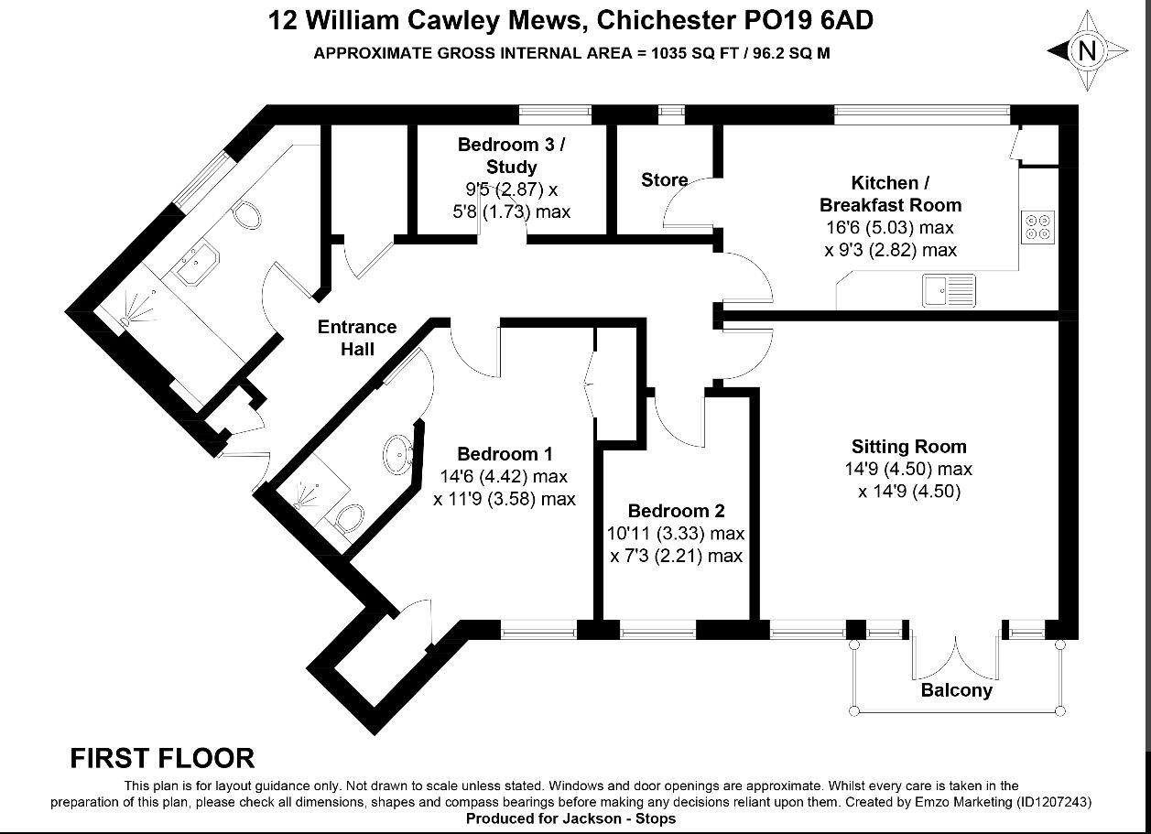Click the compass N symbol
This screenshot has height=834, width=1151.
click(1087, 51)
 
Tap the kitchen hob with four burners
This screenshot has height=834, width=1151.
click(1037, 227)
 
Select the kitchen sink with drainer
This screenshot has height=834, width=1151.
click(949, 290)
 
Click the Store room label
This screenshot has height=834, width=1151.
click(665, 179)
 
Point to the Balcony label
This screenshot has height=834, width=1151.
click(956, 689)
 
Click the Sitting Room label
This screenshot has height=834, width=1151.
click(909, 446)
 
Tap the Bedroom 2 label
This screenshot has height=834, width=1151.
click(676, 511)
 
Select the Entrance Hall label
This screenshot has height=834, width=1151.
click(357, 338)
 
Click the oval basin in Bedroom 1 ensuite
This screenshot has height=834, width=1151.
click(398, 454)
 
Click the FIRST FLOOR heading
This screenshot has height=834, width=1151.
click(162, 758)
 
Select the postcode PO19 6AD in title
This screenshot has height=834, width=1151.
click(809, 21)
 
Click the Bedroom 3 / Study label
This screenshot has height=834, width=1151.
click(511, 156)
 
